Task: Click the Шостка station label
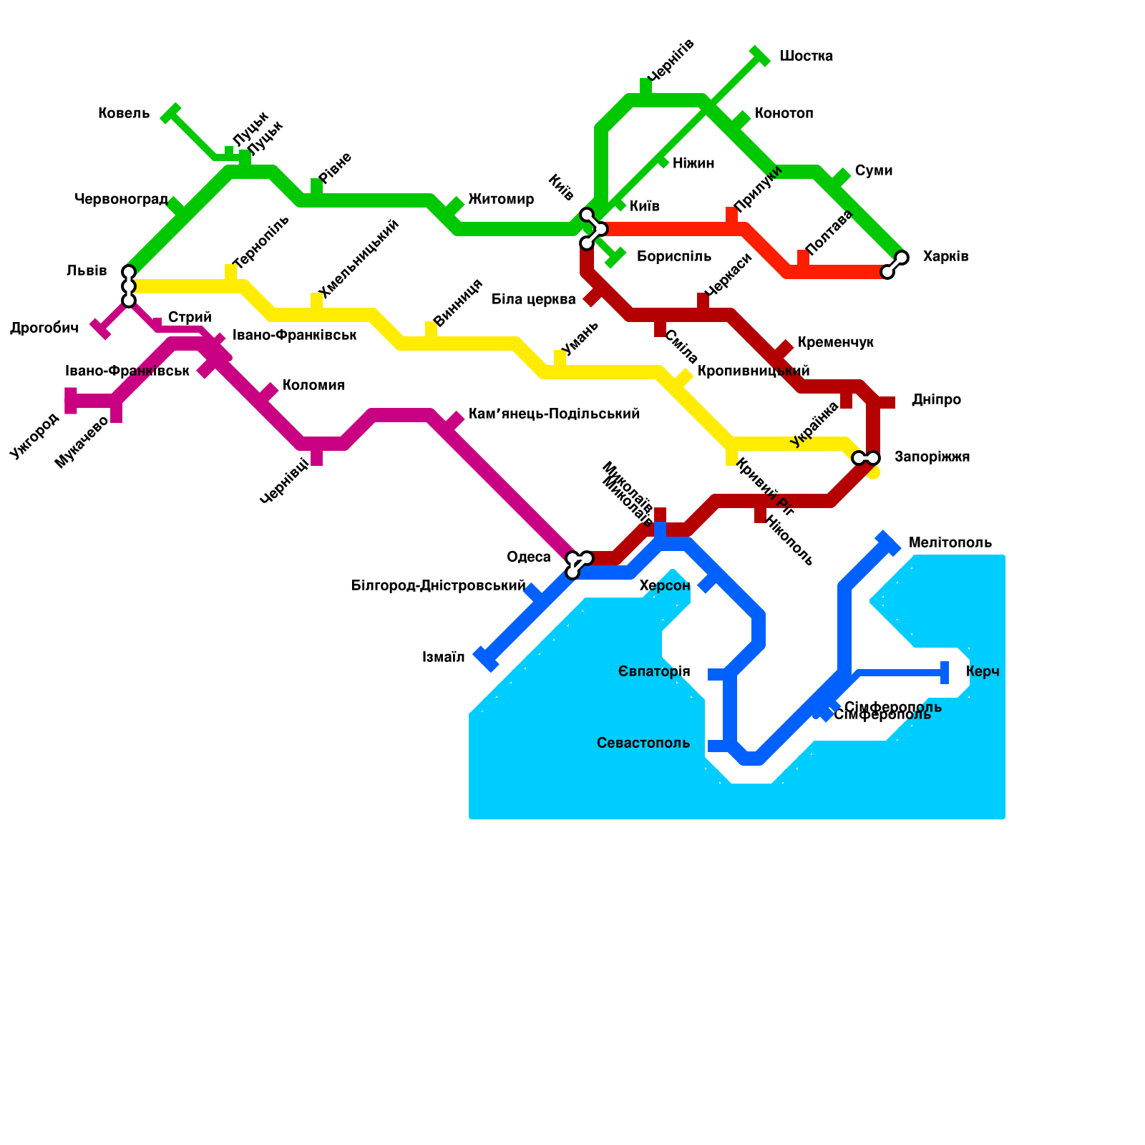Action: [805, 57]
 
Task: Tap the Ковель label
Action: [124, 114]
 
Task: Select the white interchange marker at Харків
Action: [895, 265]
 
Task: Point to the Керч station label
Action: [982, 672]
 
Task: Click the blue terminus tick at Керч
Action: [945, 673]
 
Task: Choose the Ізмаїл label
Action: [443, 658]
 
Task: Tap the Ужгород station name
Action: [34, 436]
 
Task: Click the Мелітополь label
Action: [950, 543]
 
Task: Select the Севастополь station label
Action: [643, 744]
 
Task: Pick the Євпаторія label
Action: [654, 672]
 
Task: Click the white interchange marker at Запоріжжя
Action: [866, 458]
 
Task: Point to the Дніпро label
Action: [936, 400]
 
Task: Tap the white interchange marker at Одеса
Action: [578, 564]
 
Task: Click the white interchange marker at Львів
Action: [129, 286]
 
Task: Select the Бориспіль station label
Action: [673, 257]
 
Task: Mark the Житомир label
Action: [501, 200]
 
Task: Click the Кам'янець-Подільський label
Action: [554, 414]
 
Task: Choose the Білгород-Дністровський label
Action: [438, 586]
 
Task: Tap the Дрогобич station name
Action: [44, 328]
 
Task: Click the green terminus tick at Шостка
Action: [760, 56]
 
